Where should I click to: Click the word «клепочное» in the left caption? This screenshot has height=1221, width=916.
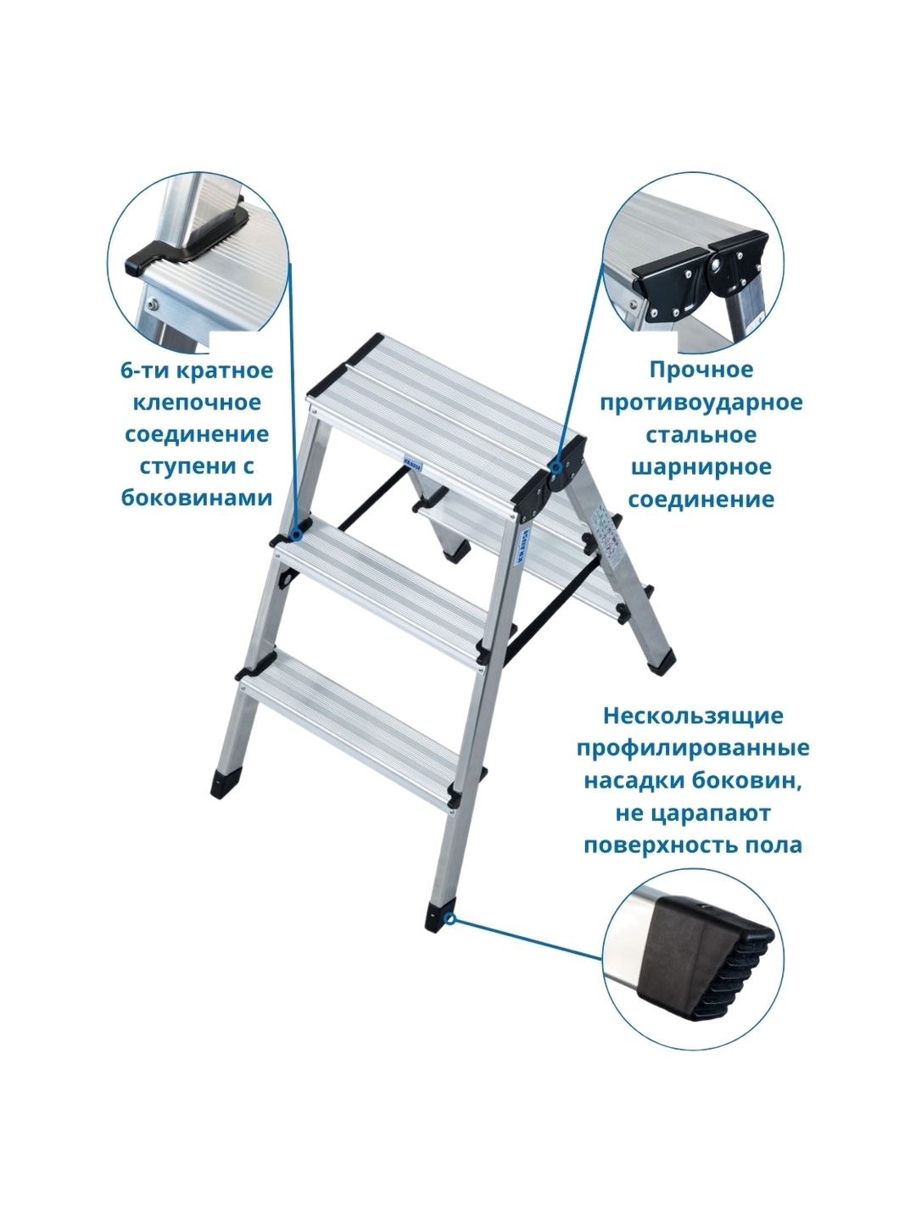click(x=196, y=402)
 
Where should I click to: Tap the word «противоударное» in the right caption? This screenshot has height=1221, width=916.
click(x=701, y=402)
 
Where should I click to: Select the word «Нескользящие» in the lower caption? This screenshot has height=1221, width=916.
click(x=693, y=716)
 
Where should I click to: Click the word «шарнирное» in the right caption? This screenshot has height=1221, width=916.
click(x=701, y=466)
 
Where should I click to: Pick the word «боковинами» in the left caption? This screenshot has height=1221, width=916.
click(x=197, y=499)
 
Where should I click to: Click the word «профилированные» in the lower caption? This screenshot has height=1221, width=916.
click(x=693, y=749)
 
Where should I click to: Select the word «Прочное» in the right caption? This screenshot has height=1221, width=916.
click(x=701, y=370)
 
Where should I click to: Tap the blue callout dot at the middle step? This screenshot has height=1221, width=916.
click(x=298, y=535)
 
